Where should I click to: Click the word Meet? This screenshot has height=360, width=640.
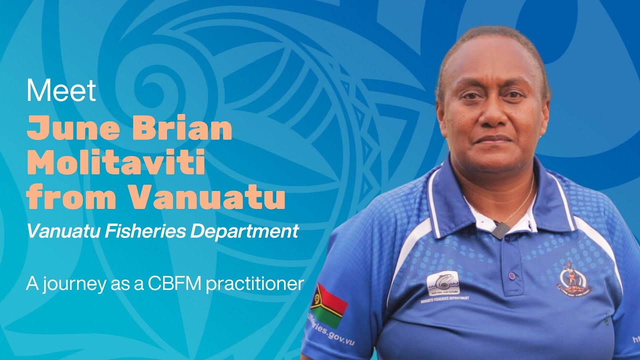click(61, 91)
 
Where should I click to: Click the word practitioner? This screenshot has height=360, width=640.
click(254, 284)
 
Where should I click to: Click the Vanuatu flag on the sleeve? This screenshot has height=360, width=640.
click(328, 305)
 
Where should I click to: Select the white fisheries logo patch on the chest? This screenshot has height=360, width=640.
click(442, 283)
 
